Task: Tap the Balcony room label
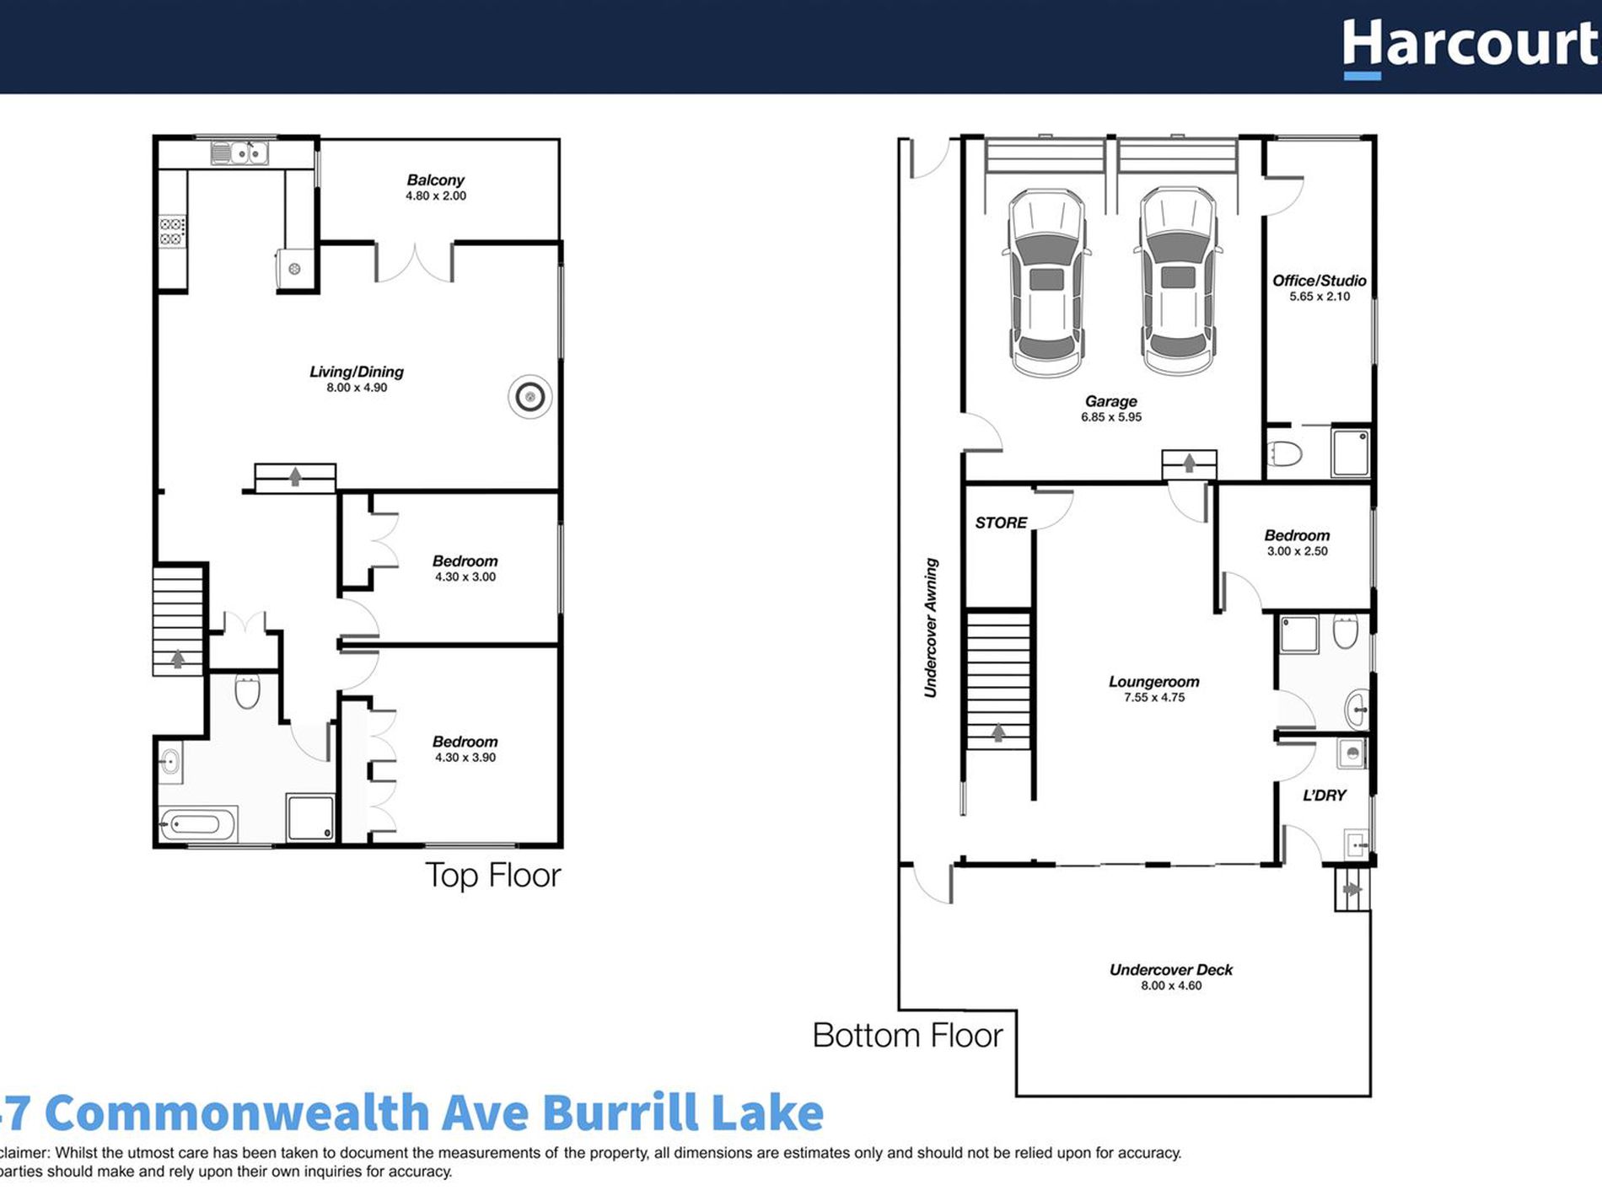435,180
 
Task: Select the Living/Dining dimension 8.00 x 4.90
357,388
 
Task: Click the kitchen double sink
239,153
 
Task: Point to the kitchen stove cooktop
172,232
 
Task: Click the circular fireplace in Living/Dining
530,396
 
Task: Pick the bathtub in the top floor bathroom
199,823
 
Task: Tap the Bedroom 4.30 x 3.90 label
465,742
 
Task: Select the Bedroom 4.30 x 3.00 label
465,561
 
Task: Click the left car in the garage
1046,282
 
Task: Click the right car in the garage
1178,281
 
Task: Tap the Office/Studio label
1319,281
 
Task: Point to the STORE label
1001,523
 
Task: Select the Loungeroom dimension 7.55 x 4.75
1153,698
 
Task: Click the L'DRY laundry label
1324,795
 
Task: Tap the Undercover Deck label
1170,970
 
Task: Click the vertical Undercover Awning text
931,628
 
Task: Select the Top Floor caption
492,876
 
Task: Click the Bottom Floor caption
907,1036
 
